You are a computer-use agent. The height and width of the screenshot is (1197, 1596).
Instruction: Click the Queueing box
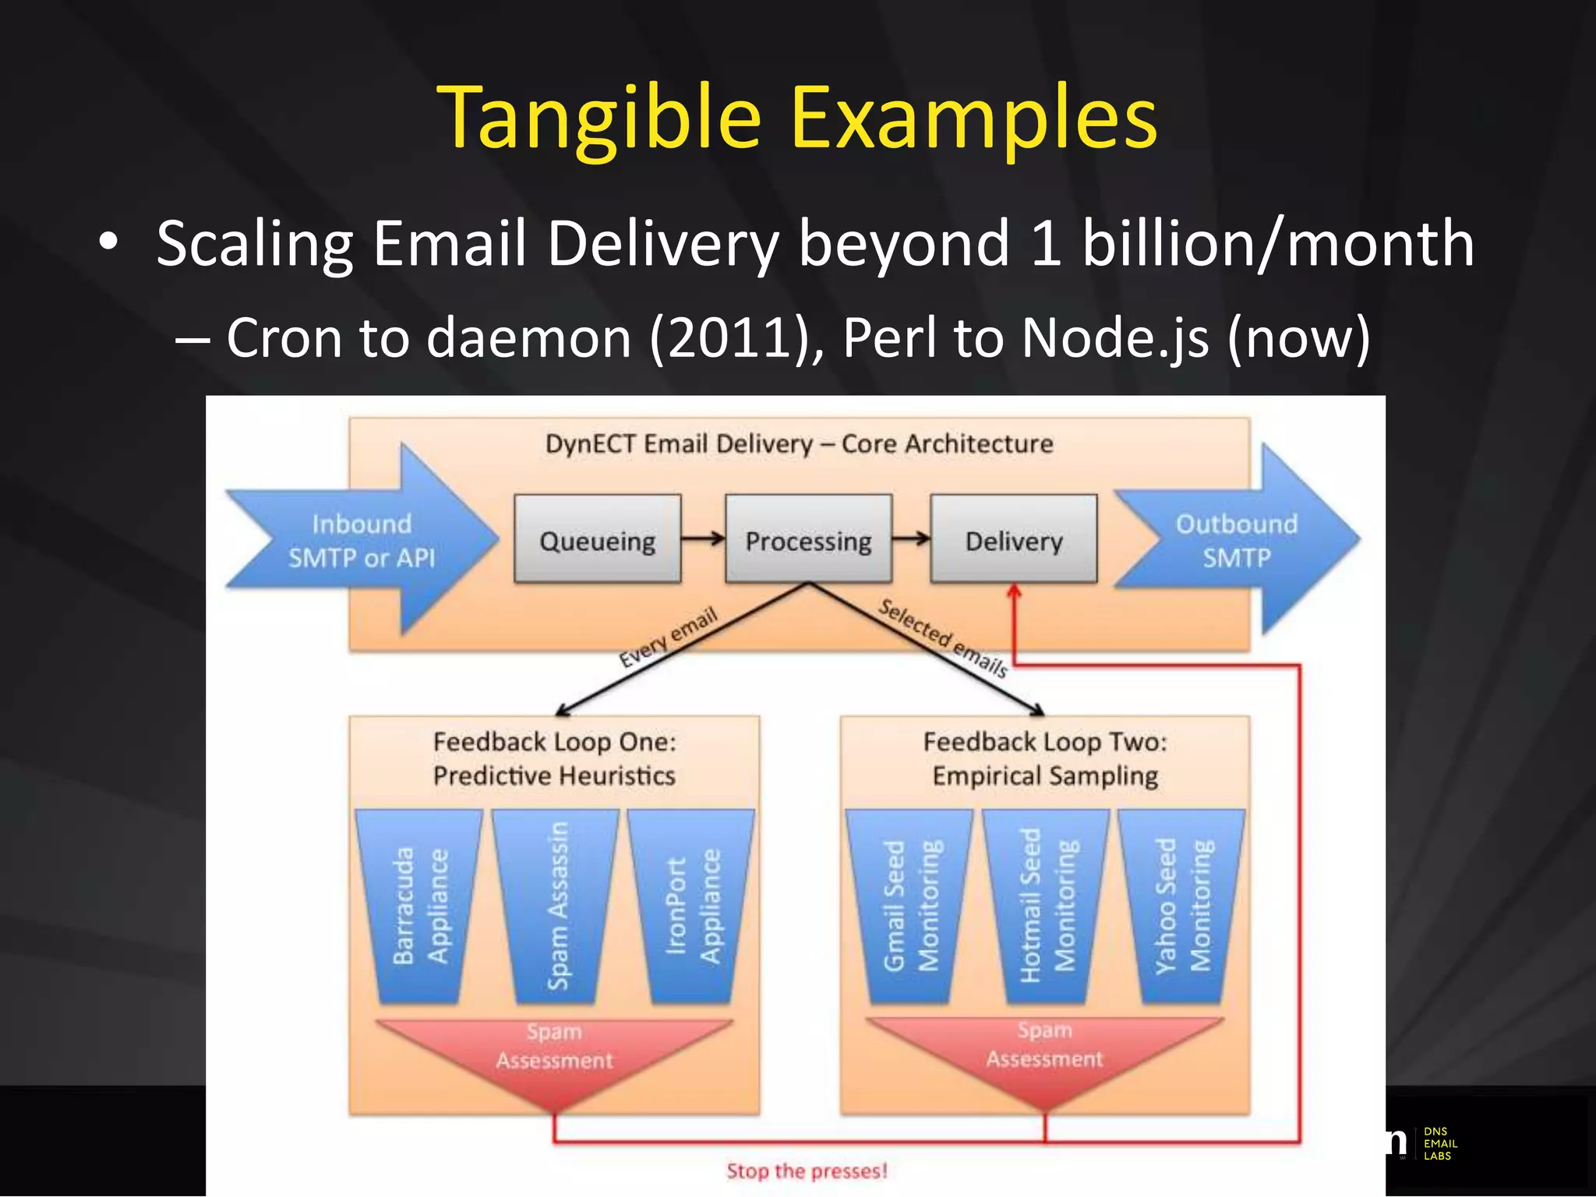(597, 539)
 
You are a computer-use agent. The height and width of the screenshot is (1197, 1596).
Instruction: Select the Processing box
(808, 539)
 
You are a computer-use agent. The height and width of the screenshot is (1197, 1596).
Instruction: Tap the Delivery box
(1013, 539)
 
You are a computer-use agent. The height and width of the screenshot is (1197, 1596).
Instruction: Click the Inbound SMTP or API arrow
(362, 540)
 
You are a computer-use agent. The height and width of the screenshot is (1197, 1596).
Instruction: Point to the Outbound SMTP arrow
(1237, 540)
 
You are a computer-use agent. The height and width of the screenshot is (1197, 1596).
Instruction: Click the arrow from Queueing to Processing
(703, 538)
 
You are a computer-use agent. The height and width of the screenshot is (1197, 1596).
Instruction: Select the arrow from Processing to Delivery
(911, 538)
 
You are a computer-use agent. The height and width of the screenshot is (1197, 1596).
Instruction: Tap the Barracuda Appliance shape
(419, 906)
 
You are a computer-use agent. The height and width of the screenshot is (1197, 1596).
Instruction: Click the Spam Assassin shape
(556, 906)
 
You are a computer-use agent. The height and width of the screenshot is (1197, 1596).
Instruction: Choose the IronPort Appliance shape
(692, 906)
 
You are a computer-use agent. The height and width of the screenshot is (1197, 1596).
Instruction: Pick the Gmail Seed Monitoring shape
(909, 906)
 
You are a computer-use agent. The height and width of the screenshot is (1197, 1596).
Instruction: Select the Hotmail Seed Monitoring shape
(1046, 906)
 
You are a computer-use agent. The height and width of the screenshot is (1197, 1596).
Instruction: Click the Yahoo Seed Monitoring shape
(1182, 906)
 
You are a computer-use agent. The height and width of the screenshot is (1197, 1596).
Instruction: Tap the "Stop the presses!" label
(807, 1171)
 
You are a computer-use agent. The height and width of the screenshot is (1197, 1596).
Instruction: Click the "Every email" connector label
(668, 637)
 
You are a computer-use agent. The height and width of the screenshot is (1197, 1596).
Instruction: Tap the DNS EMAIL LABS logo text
(1439, 1143)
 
